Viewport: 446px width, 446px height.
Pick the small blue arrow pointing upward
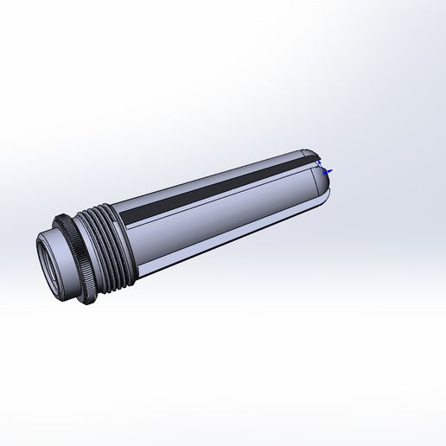click(x=320, y=162)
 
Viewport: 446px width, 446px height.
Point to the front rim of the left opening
click(x=40, y=259)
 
